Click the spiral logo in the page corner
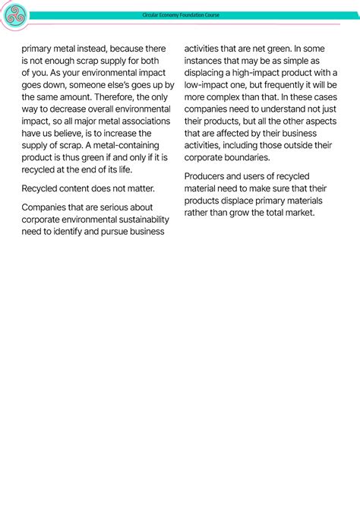pyautogui.click(x=14, y=14)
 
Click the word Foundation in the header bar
pyautogui.click(x=186, y=15)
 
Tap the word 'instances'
pyautogui.click(x=205, y=60)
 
